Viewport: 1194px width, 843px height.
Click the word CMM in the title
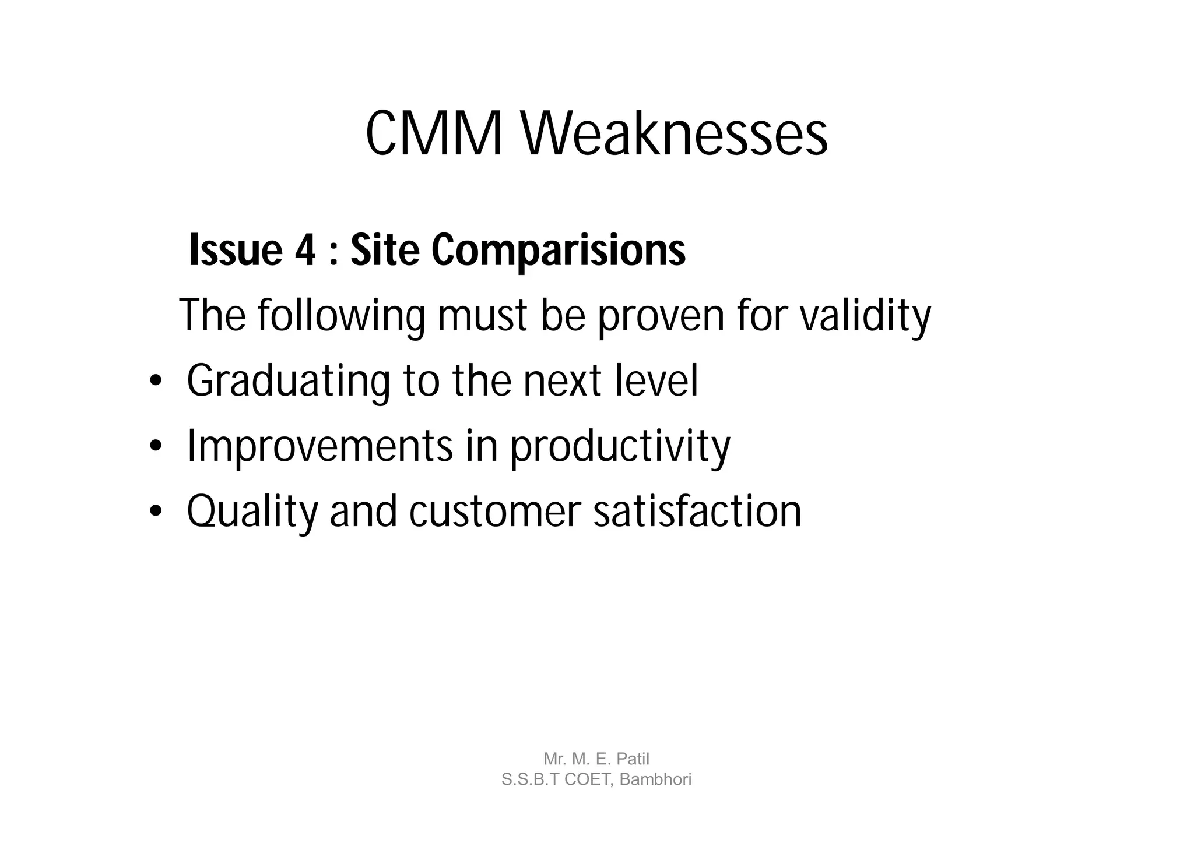click(x=434, y=135)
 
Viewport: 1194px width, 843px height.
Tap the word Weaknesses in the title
click(x=674, y=135)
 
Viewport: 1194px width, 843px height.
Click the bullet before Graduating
click(x=154, y=383)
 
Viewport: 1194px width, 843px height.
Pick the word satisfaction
click(x=697, y=511)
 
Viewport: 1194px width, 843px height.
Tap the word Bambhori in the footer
click(x=655, y=779)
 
